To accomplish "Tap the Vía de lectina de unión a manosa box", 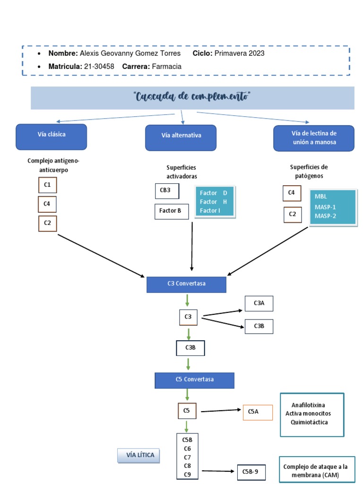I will pos(313,138).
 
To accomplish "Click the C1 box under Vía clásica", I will pos(47,185).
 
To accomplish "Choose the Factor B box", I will pos(171,211).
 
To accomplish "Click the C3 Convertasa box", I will pos(186,284).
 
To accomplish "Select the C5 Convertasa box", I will pos(194,380).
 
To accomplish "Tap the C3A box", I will pos(259,303).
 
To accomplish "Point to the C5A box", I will pos(258,412).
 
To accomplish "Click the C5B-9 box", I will pos(251,471).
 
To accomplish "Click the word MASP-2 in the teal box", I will pos(325,216).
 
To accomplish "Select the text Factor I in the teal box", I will pos(210,210).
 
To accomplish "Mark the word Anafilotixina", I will pos(308,405).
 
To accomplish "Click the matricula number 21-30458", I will pos(100,67).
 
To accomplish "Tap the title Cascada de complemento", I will pos(192,97).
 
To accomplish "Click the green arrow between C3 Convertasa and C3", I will pos(188,301).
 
